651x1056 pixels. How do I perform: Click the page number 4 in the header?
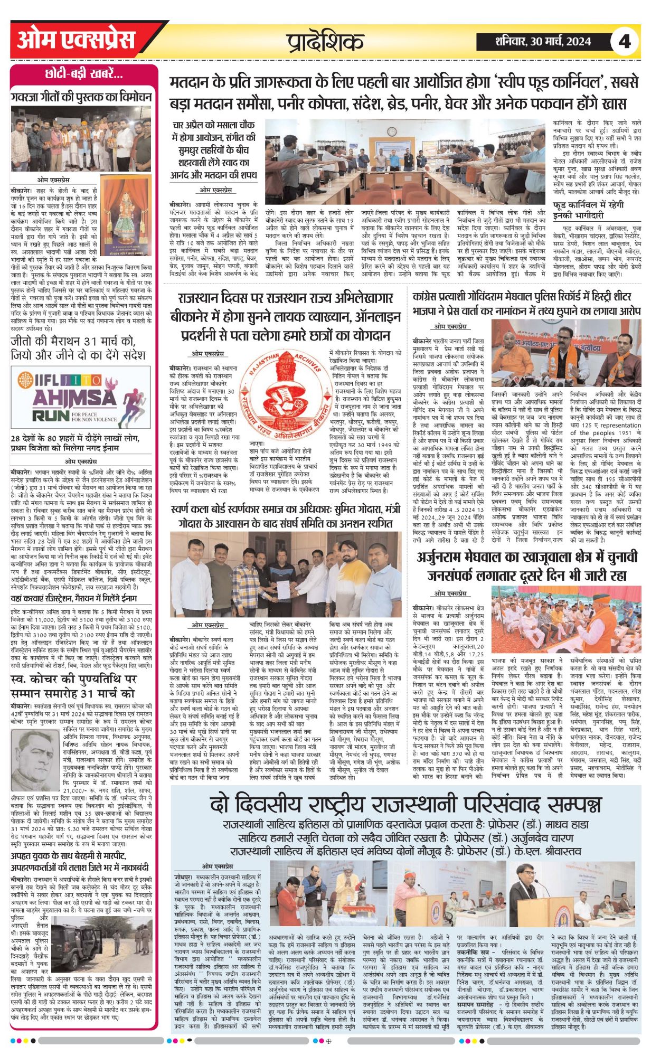point(625,41)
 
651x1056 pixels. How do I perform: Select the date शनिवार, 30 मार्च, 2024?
point(543,41)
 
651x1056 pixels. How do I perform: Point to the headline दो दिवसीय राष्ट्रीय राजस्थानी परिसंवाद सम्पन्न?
point(405,805)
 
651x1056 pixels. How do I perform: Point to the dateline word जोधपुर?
point(183,876)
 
